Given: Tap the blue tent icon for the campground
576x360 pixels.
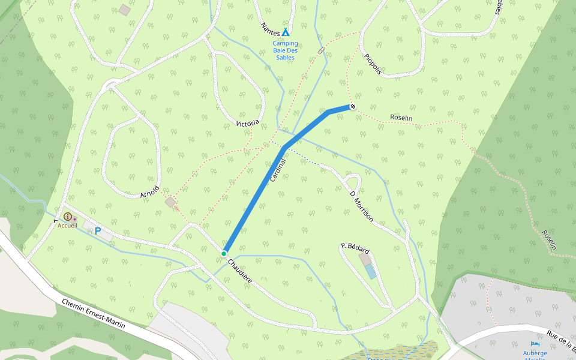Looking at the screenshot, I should tap(286, 32).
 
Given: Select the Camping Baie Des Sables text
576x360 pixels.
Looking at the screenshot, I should tap(285, 50).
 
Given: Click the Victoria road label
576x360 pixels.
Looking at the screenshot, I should tap(248, 123).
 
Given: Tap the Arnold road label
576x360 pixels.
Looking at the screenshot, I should tap(149, 192).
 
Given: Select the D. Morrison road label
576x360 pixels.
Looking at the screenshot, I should tap(362, 206).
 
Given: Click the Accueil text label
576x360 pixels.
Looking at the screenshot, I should tap(68, 226).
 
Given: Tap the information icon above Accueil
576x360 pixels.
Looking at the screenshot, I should tap(68, 217).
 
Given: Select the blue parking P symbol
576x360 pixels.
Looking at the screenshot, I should tap(98, 231).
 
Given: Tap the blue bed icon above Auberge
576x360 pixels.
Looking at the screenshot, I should tap(535, 344).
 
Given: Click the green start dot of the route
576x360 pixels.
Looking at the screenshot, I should tap(223, 254).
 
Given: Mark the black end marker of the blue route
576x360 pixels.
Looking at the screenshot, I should tap(353, 107).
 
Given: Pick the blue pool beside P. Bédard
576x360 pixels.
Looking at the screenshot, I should tap(371, 272).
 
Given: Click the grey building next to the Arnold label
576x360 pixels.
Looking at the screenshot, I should tap(171, 202).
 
